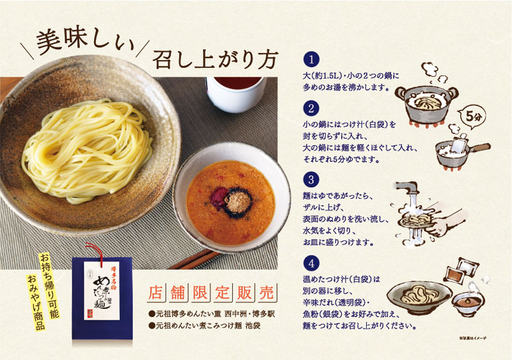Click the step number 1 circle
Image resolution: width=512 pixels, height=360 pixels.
coord(311,61)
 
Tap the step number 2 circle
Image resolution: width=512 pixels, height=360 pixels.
coord(311,107)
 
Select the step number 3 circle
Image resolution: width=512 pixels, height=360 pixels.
coord(311,179)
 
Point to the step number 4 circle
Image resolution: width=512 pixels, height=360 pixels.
coord(311,263)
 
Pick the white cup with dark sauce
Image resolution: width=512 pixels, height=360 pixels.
coord(236,93)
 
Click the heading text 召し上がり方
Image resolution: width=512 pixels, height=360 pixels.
coord(214,59)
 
